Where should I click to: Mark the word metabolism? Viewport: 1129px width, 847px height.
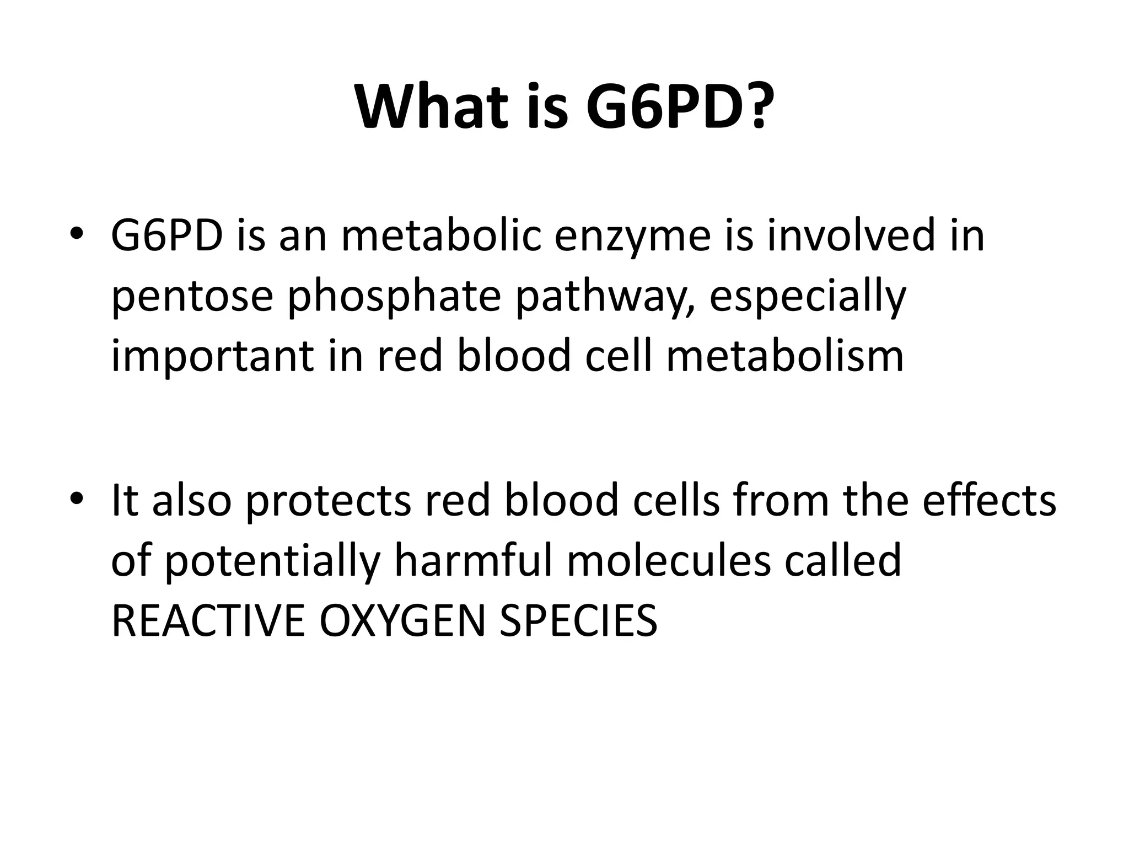coord(785,356)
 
